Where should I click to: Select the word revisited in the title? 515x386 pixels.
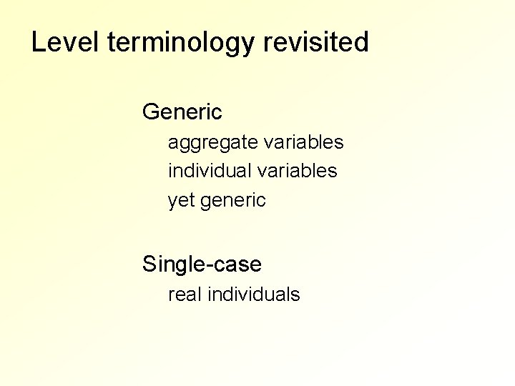[316, 43]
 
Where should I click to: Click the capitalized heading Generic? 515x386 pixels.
[182, 112]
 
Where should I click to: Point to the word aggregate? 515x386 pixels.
[212, 143]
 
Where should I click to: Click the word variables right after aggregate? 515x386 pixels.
[303, 142]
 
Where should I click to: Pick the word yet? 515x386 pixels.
[182, 201]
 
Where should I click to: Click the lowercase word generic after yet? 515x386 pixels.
[233, 202]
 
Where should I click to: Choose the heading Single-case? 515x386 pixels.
[202, 264]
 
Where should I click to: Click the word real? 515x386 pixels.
[185, 294]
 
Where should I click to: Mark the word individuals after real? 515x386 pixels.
[253, 294]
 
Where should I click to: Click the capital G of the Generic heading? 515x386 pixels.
[151, 112]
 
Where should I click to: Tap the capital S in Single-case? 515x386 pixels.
[149, 264]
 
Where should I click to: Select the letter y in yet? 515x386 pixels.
[172, 202]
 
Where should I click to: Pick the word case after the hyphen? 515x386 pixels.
[235, 265]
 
